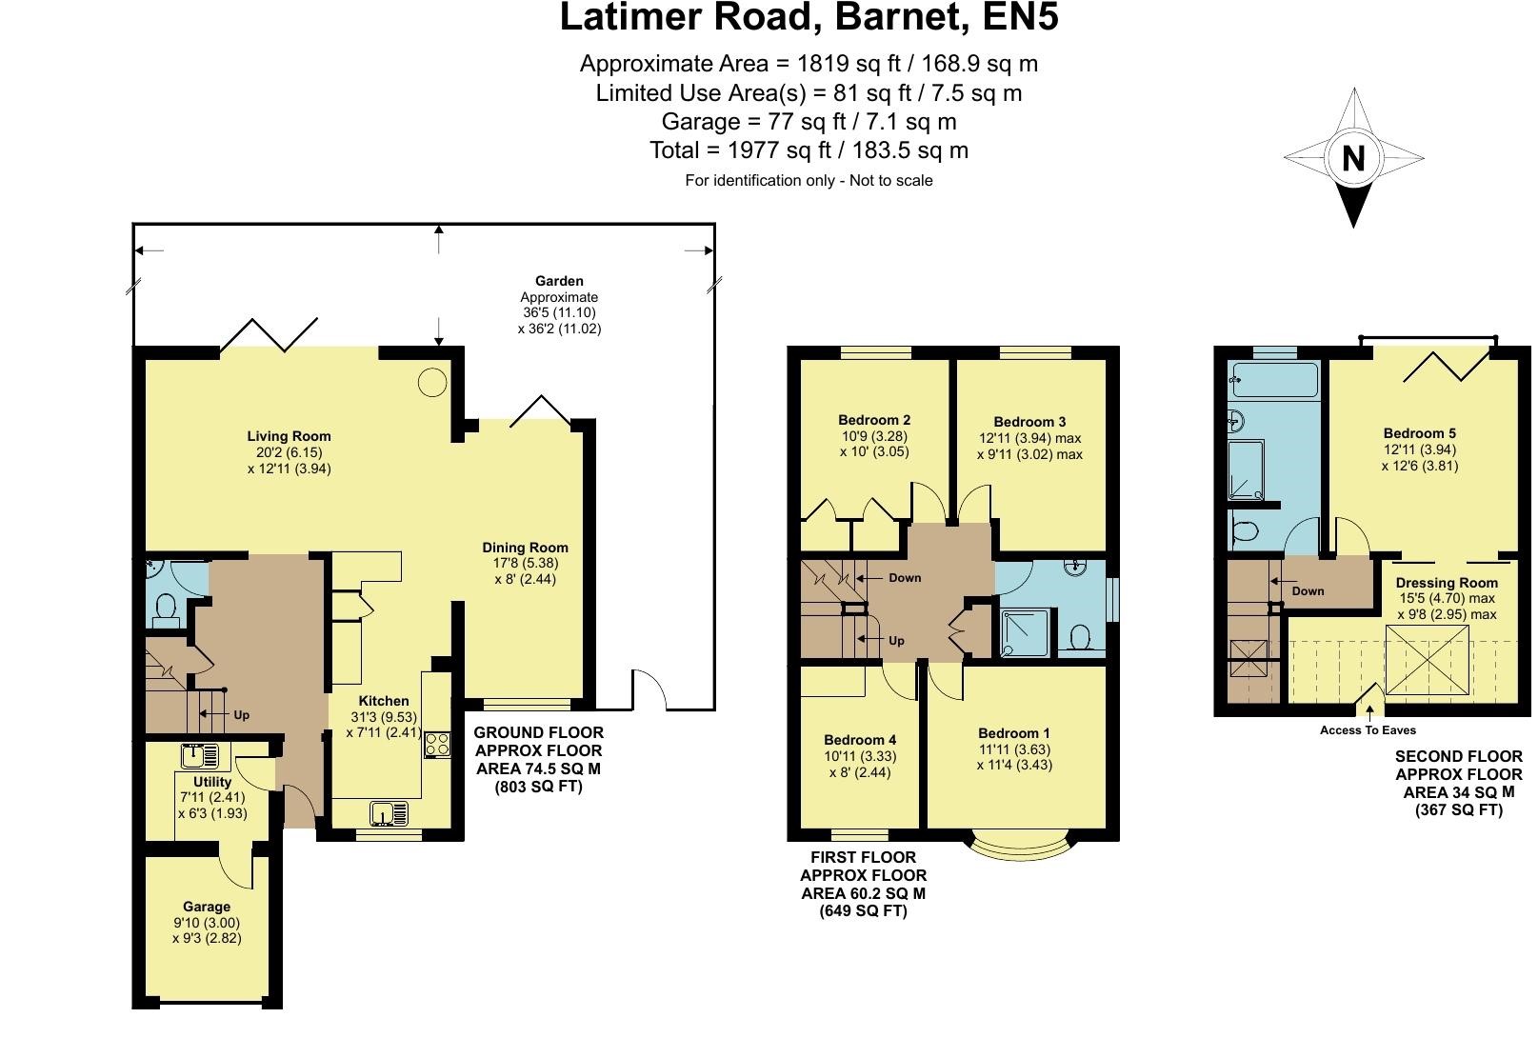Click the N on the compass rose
[1352, 158]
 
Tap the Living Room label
[289, 436]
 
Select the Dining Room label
[525, 548]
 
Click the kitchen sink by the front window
[389, 813]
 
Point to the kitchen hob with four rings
[437, 743]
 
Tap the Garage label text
[207, 907]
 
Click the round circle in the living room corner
[432, 382]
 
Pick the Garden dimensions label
[559, 305]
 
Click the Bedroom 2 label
[874, 420]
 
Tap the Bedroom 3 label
[1029, 422]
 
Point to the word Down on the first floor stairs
[904, 578]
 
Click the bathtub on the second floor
[1273, 380]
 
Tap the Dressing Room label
[1446, 583]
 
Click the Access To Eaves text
[1368, 730]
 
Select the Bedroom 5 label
[1419, 433]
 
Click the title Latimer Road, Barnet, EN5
[809, 19]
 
